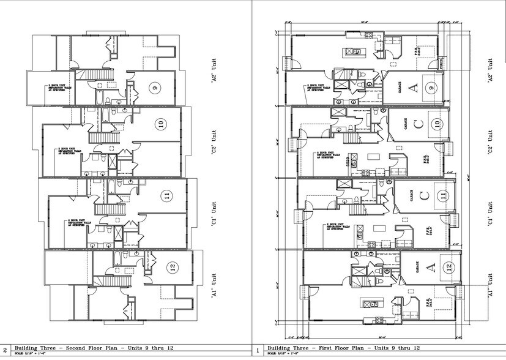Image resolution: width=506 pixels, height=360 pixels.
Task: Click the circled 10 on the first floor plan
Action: click(436, 124)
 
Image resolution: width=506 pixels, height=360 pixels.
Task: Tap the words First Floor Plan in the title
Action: click(337, 347)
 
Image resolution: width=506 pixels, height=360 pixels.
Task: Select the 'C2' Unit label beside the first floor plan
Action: click(490, 142)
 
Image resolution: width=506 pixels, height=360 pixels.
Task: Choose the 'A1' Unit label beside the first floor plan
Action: click(490, 285)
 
